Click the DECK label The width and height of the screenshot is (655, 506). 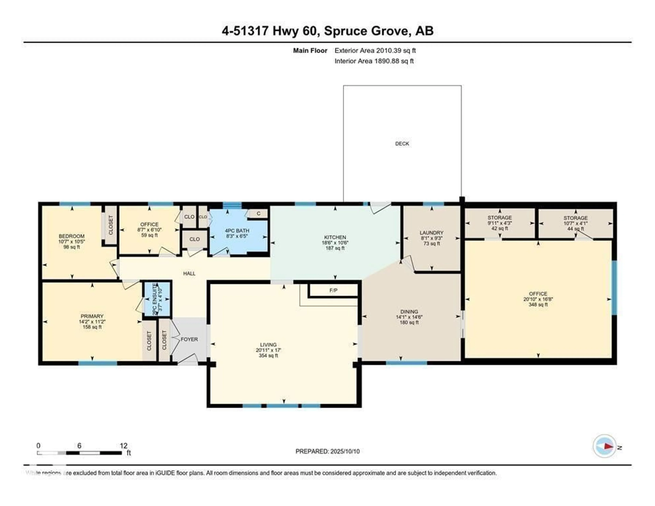402,144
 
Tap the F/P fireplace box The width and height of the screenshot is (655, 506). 333,290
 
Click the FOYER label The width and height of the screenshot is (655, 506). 189,339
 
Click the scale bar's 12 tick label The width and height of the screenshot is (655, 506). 123,446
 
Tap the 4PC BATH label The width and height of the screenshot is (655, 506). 237,231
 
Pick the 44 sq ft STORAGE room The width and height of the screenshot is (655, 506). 575,223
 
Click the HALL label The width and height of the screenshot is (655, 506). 189,273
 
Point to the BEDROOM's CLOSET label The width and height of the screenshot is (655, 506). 111,225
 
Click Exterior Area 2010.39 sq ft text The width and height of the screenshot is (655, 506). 375,51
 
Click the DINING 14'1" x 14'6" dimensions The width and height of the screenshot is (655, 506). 409,317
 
